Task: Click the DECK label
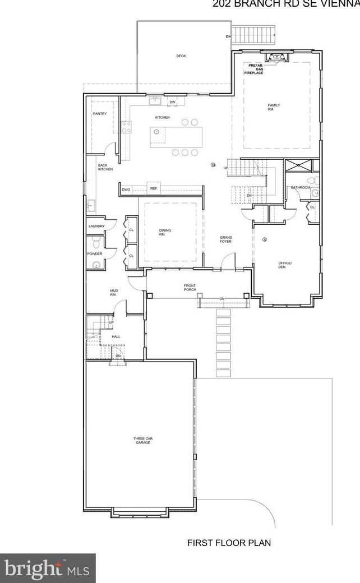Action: tap(181, 56)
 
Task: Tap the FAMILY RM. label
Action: tap(274, 107)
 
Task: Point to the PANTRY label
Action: tap(100, 114)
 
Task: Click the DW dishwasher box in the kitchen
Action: tap(173, 102)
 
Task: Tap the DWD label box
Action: tap(126, 190)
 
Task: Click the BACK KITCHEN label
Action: tap(105, 167)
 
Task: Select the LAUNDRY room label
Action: tap(96, 226)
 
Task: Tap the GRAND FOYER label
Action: tap(225, 239)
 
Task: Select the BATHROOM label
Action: tap(300, 187)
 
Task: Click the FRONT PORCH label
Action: tap(190, 288)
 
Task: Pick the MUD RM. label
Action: tap(113, 292)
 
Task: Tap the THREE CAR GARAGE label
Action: tap(142, 441)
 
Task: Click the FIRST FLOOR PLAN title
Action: tap(229, 543)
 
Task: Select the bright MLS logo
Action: tap(47, 568)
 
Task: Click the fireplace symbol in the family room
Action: tap(275, 57)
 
